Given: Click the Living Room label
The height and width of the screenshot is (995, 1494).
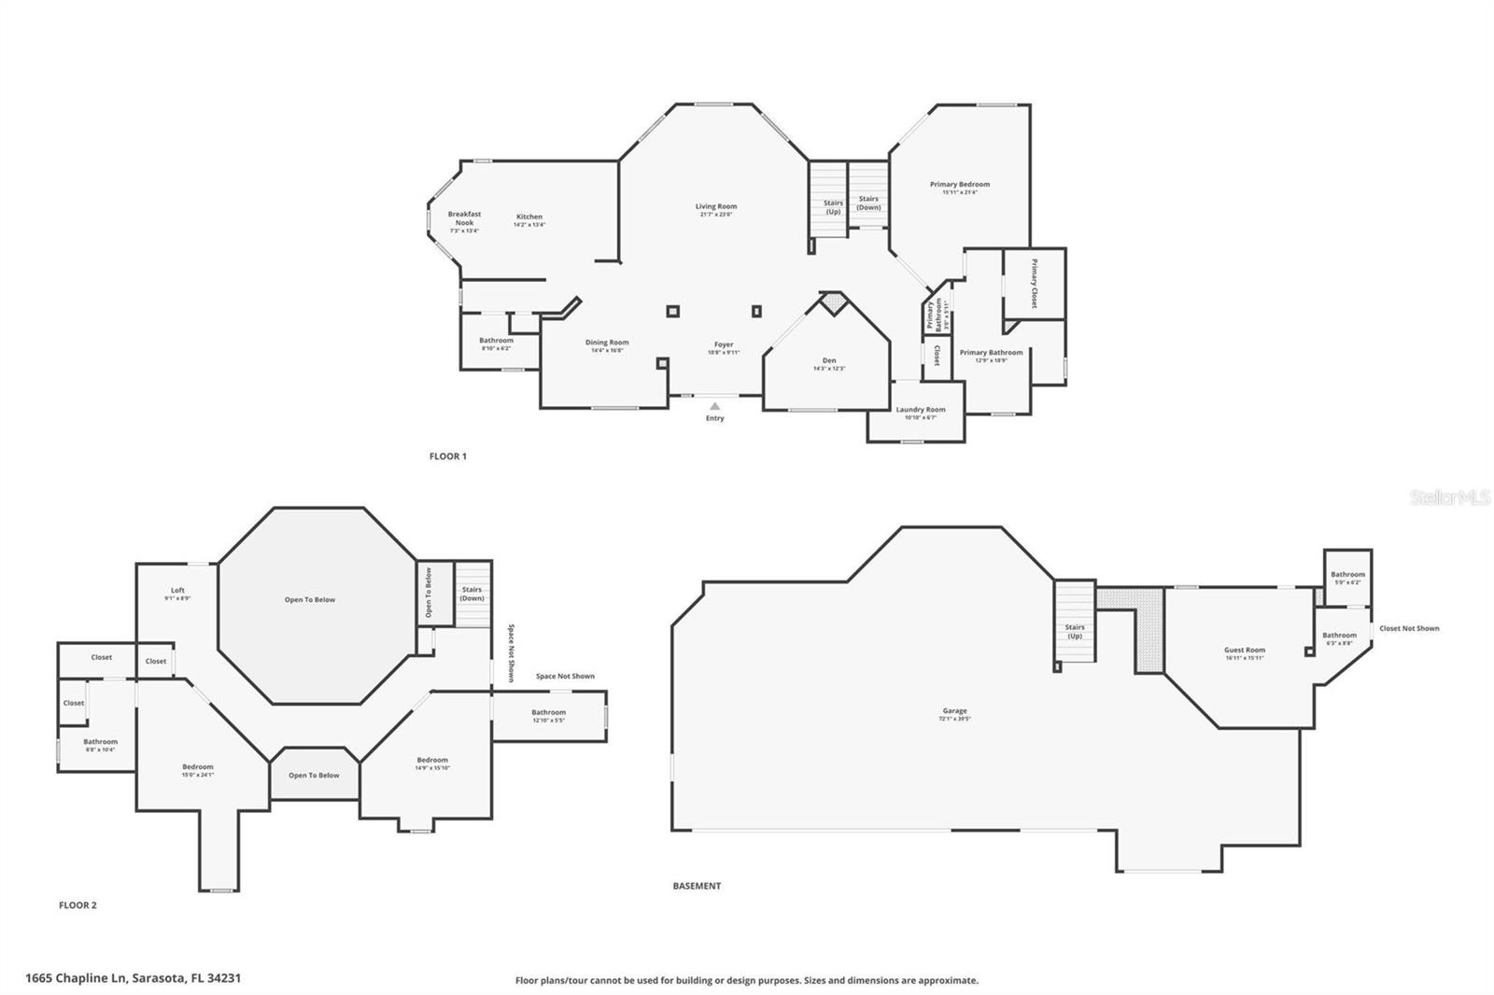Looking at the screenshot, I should (x=716, y=207).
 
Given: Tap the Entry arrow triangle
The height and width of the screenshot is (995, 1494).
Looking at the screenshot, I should (x=714, y=406).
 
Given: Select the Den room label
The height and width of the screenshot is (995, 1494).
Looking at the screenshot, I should (x=829, y=361).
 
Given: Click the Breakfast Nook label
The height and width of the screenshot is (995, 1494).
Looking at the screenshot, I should (x=464, y=218).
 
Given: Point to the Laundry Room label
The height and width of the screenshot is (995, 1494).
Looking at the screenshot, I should (x=921, y=410).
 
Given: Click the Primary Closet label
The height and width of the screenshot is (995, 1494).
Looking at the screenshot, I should (x=1034, y=284).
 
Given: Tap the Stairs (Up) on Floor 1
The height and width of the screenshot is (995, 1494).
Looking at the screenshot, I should (x=833, y=207).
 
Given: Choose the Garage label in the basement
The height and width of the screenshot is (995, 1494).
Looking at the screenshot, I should (x=954, y=711).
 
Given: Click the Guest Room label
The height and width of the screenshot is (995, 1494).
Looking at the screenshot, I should (x=1245, y=651).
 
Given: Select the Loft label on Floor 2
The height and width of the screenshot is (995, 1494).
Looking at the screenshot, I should (x=177, y=591).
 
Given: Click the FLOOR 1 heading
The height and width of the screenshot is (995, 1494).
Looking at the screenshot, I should (x=447, y=456).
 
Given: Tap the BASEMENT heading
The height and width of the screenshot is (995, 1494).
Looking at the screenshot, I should (x=697, y=886).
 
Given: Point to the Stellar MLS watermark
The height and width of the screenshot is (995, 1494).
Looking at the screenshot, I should (x=1449, y=498).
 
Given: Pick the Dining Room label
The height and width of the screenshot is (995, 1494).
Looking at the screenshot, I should (x=607, y=343).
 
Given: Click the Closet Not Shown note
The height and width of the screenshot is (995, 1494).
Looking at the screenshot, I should (x=1409, y=628).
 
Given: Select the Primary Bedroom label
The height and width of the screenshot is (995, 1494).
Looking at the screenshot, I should (x=960, y=185).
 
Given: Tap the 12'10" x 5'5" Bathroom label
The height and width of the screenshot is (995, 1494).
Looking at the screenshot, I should (x=549, y=713).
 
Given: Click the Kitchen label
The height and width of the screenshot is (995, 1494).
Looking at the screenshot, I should (x=529, y=217).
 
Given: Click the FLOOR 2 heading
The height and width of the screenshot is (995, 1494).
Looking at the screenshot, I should (x=78, y=905).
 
